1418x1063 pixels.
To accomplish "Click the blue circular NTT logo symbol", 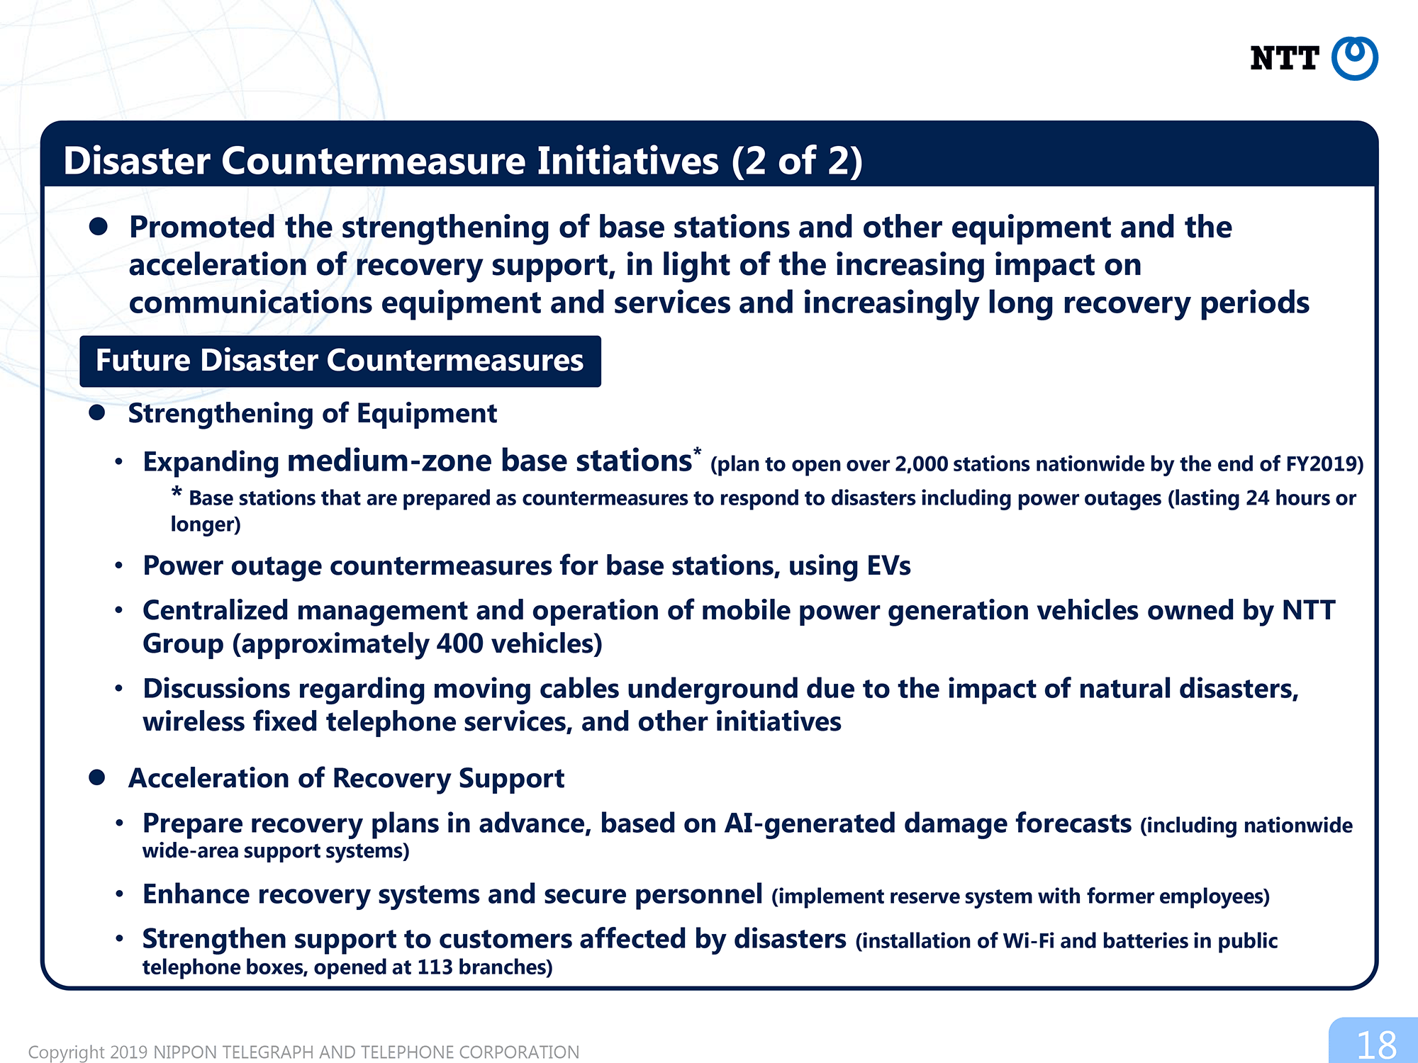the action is [1354, 58].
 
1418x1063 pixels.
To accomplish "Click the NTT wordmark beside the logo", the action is [1284, 58].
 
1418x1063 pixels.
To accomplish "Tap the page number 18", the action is [1376, 1045].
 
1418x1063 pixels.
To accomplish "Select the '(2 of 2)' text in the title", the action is [797, 161].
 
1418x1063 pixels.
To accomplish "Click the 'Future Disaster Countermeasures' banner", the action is [340, 361].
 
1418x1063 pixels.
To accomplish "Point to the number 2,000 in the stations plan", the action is [922, 464].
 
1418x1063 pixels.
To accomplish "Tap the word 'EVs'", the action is [888, 566].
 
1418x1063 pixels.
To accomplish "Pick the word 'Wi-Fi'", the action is [1028, 940].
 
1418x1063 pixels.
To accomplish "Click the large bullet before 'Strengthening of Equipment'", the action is [97, 412].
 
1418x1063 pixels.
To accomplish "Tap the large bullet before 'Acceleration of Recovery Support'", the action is [97, 777].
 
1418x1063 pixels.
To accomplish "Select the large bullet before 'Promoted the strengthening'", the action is [98, 227].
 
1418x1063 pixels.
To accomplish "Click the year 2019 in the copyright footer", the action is [129, 1052].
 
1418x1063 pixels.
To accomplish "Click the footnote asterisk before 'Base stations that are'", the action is [177, 493].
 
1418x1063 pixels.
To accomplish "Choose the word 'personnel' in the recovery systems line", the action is [698, 895].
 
